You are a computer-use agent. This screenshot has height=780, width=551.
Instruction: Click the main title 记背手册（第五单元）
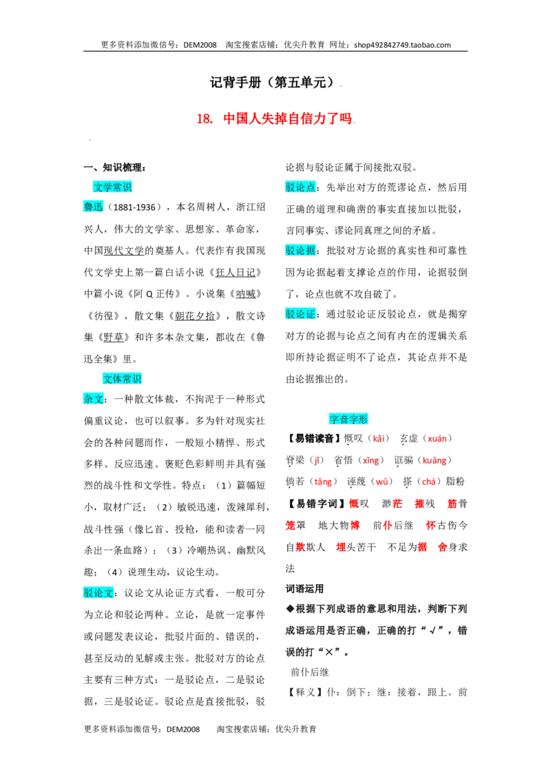click(x=273, y=82)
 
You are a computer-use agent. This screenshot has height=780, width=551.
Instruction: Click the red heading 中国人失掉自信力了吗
click(x=287, y=119)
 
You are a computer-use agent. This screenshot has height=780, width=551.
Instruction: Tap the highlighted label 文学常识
click(x=112, y=187)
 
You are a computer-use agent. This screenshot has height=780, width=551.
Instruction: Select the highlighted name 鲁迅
click(x=94, y=207)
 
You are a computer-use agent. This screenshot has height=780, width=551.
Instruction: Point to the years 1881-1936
click(x=134, y=207)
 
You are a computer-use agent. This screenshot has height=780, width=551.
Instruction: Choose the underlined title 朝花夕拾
click(x=195, y=316)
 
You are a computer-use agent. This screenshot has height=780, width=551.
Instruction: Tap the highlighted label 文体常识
click(x=123, y=379)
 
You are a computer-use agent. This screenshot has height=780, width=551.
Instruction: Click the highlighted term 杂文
click(x=94, y=399)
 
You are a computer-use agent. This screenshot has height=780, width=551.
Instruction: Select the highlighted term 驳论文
click(x=98, y=593)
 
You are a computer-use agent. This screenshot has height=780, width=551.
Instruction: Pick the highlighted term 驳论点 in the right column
click(x=300, y=187)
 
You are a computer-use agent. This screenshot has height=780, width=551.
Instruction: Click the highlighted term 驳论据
click(x=300, y=251)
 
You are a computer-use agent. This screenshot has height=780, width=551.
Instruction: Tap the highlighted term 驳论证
click(x=300, y=314)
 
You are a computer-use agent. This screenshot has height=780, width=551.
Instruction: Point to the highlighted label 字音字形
click(x=348, y=420)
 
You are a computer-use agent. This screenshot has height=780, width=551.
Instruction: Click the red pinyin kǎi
click(x=378, y=439)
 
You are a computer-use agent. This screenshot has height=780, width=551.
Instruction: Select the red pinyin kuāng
click(x=434, y=461)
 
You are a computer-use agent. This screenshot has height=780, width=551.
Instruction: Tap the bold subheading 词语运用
click(x=304, y=589)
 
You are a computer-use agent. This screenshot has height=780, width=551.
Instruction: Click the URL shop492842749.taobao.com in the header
click(x=402, y=45)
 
